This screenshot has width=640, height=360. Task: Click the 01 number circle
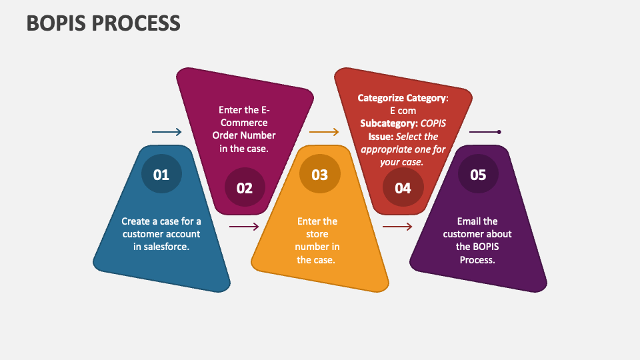(x=161, y=175)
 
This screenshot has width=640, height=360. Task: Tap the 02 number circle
(x=244, y=188)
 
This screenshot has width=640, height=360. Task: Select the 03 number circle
(x=319, y=175)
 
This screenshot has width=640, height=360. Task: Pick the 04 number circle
(x=403, y=188)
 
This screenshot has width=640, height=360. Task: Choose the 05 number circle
(x=478, y=175)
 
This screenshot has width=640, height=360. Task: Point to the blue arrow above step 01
(x=167, y=132)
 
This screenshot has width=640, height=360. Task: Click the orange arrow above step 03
(x=325, y=132)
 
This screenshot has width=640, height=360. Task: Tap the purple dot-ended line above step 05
(x=485, y=132)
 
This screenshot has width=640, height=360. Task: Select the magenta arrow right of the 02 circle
(x=244, y=227)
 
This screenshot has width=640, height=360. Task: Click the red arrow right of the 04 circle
(x=397, y=227)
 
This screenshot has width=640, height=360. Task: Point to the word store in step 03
(x=317, y=234)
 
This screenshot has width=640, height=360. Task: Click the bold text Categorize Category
(x=401, y=98)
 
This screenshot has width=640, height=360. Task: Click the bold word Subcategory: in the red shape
(x=389, y=123)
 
